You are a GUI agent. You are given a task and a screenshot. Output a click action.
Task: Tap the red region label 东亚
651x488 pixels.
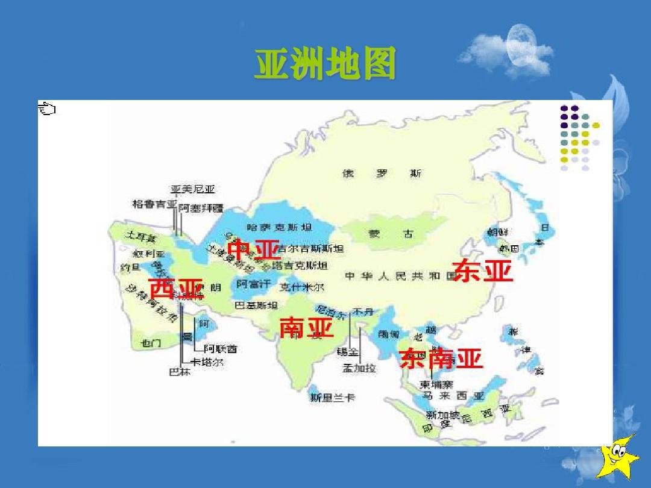click(482, 271)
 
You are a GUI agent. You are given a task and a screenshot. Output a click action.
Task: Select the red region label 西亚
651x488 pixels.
click(175, 289)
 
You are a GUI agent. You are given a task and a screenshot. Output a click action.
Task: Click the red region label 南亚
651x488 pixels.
click(306, 328)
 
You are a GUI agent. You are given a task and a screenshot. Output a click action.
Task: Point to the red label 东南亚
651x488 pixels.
click(441, 358)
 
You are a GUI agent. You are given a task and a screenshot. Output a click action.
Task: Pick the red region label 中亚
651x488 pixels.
click(254, 249)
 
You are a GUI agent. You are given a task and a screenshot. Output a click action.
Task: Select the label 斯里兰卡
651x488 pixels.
click(332, 398)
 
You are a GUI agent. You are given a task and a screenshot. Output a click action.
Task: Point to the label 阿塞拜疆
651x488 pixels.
click(201, 208)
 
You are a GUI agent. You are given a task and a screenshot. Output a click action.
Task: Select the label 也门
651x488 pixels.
click(151, 343)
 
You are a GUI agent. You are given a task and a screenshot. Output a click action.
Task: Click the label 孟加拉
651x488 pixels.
click(359, 368)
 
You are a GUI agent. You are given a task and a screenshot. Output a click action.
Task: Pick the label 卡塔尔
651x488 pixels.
click(207, 362)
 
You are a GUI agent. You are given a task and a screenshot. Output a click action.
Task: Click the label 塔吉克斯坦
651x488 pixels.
click(300, 265)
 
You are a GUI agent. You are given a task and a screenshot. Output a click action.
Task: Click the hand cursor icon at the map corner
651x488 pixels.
click(46, 109)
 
